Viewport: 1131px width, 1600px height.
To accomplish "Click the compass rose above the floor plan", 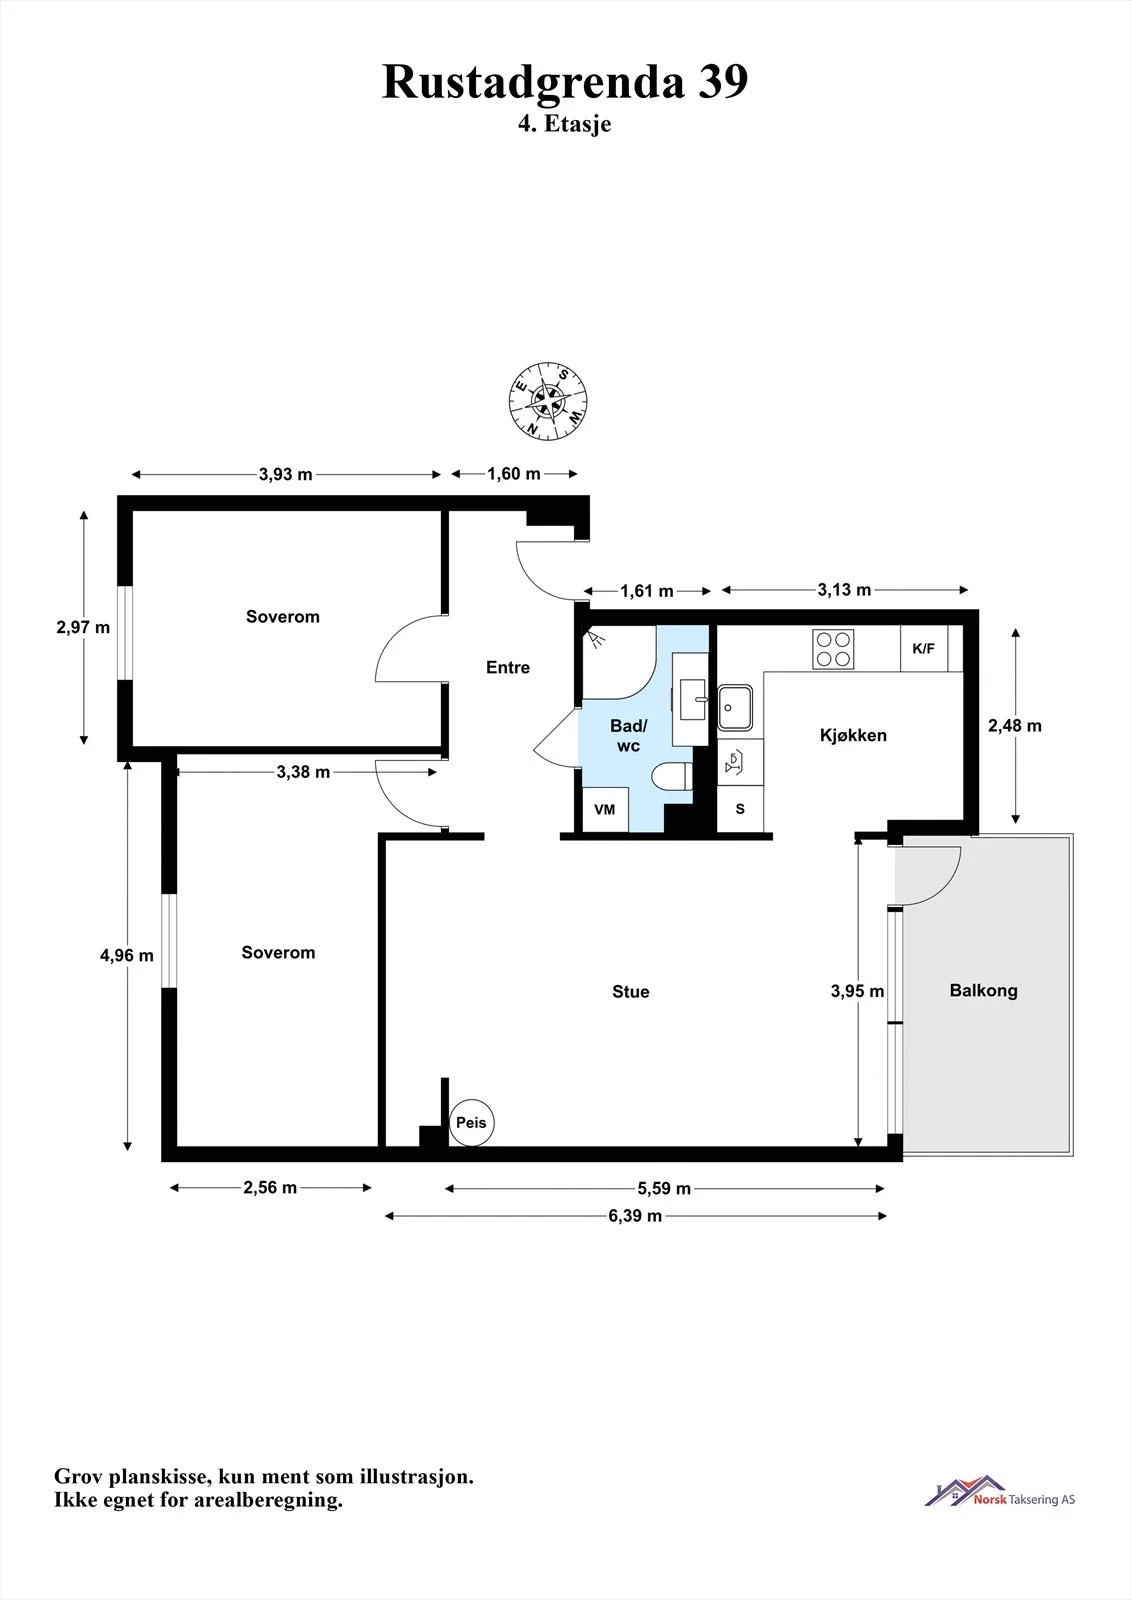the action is [548, 401].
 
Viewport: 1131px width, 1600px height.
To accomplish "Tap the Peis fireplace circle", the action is [472, 1122].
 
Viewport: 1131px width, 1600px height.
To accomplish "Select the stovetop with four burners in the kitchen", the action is [833, 649].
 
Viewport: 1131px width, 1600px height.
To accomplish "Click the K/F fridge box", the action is [923, 649].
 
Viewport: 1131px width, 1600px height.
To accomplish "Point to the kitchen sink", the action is [735, 707].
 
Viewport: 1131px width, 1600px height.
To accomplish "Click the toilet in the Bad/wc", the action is [673, 776].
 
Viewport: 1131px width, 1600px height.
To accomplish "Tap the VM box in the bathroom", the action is [604, 809].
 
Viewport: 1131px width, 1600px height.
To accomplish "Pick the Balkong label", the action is [983, 990].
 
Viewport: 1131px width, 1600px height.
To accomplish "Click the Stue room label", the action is [630, 991].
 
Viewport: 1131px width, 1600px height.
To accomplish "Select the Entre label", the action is [508, 667].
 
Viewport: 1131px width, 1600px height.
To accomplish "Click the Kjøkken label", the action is [853, 735].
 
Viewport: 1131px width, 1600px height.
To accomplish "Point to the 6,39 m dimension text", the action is [635, 1216].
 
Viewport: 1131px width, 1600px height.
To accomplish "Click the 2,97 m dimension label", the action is [83, 627].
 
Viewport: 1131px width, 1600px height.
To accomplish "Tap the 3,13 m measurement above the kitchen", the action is [844, 590].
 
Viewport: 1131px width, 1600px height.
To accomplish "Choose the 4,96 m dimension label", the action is [126, 955].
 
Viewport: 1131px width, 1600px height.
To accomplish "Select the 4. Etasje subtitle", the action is [564, 124].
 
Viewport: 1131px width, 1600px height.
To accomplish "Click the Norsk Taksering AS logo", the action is [999, 1494].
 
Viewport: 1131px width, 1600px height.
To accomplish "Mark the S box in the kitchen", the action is [740, 809].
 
